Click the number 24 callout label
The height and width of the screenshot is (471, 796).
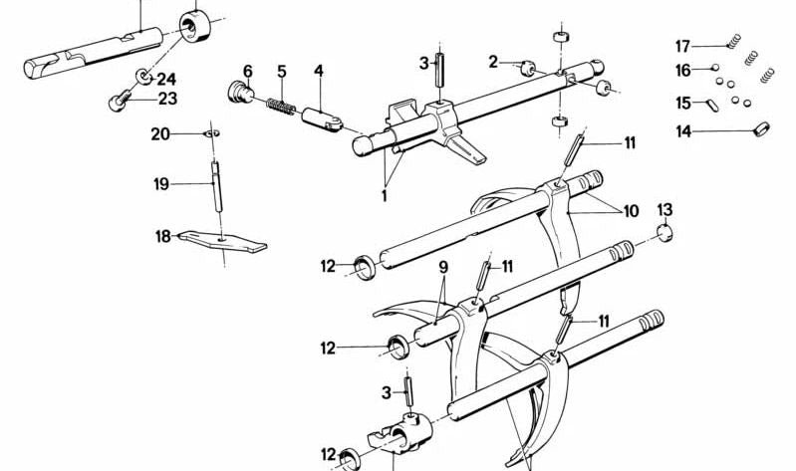pos(166,79)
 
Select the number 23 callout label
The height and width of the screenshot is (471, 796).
pos(166,99)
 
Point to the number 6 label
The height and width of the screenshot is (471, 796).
pos(247,71)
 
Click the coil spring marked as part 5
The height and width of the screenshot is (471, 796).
pos(281,102)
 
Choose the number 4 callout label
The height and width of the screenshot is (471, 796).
pos(318,71)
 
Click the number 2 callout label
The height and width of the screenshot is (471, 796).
pos(492,63)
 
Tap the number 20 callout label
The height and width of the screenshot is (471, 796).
pos(160,133)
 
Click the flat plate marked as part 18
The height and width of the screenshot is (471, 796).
pos(224,241)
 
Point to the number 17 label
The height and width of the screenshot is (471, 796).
pos(682,46)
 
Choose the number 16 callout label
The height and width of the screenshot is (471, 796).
pos(682,70)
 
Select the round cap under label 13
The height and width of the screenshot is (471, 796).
pos(664,233)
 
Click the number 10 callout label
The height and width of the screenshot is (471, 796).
pos(630,211)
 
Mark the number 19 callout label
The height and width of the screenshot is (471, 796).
pos(160,183)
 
